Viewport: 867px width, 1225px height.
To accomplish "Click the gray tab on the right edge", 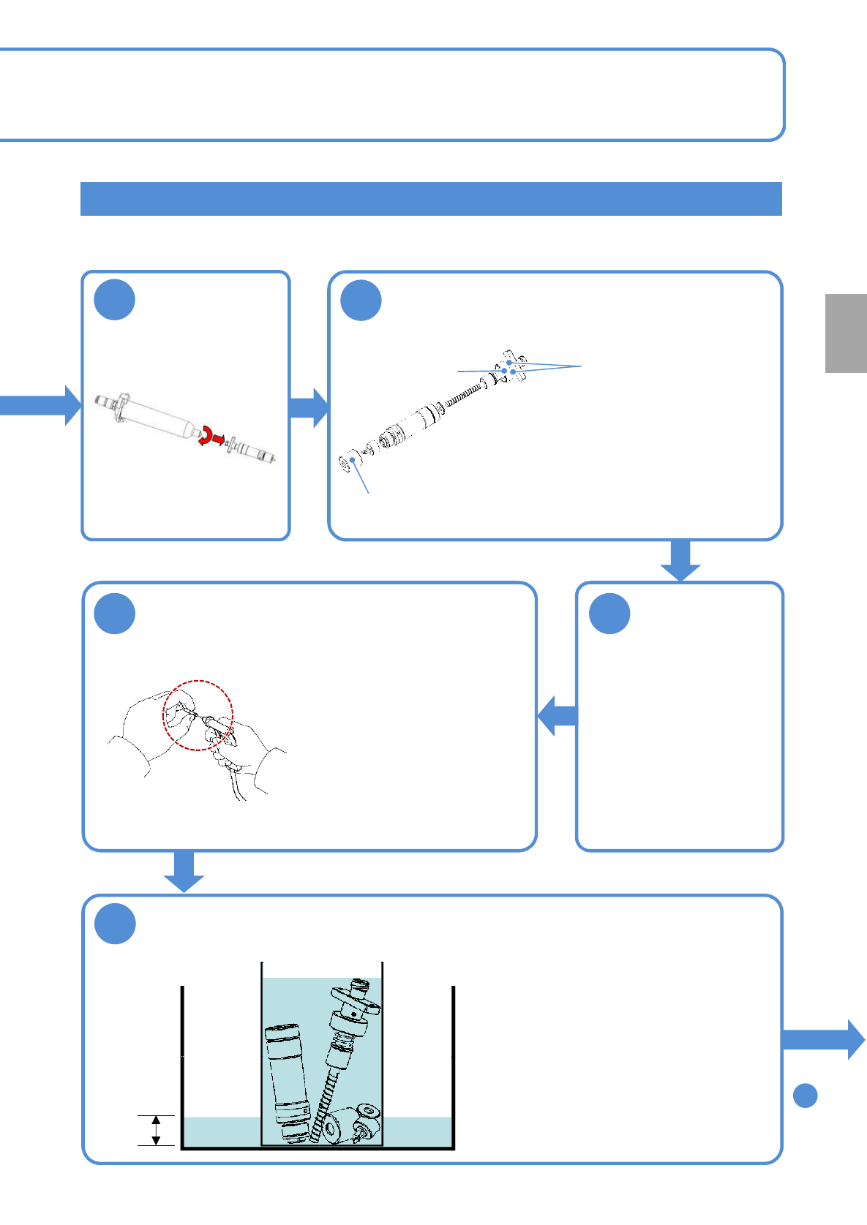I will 846,333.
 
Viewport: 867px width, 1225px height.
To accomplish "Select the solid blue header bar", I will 431,199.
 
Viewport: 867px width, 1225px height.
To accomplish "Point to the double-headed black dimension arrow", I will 156,1130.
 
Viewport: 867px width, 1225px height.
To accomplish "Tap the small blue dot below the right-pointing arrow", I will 805,1096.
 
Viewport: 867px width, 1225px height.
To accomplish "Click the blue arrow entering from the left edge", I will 40,404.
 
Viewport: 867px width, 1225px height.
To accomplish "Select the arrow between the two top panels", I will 309,407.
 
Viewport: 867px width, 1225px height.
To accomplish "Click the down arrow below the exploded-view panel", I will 680,560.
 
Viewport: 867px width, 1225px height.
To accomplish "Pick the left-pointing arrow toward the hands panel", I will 557,715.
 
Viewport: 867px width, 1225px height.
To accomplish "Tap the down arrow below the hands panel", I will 184,871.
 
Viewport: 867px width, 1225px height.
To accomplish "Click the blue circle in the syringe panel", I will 115,300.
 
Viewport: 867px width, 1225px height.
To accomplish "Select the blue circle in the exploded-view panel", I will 361,301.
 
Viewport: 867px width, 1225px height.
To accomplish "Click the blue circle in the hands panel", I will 115,614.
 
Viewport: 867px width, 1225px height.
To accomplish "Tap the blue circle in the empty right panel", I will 609,614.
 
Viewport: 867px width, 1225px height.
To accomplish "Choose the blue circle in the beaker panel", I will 115,924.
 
